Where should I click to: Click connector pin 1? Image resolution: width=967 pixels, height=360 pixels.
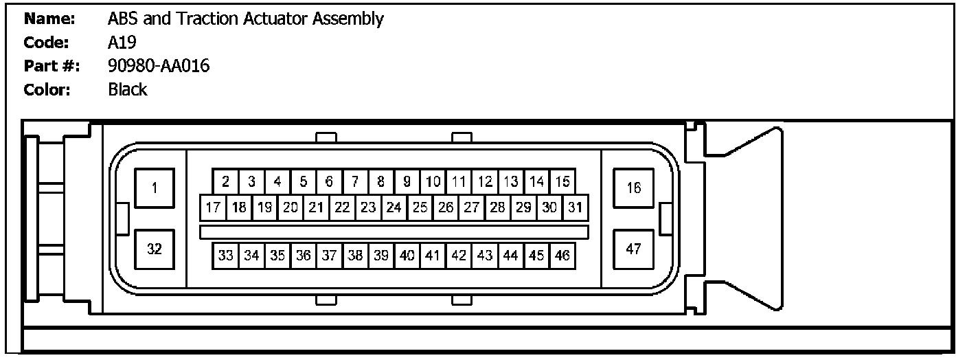coord(155,188)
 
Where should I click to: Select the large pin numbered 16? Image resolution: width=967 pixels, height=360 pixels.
coord(633,188)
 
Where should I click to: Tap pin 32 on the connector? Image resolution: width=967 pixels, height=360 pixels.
coord(155,249)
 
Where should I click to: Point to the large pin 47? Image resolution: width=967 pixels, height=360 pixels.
coord(633,249)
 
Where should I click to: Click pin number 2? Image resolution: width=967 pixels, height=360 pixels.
coord(225,182)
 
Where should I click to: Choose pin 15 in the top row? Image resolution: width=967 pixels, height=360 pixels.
coord(562,182)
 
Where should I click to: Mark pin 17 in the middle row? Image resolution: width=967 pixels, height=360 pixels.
coord(212,207)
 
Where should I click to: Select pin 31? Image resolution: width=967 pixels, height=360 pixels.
coord(576,207)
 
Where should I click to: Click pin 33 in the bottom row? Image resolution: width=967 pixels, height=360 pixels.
coord(225,256)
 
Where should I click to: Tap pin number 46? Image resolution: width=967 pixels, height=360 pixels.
coord(562,256)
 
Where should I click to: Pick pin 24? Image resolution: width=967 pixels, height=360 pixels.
coord(394,207)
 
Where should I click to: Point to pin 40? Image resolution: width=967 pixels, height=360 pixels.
coord(407,256)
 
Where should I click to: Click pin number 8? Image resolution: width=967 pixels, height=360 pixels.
coord(380,182)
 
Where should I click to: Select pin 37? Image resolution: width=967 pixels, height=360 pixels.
coord(329,256)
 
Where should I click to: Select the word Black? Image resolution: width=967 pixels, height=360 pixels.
coord(128,89)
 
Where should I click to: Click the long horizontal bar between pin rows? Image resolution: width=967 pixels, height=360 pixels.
coord(394,232)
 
